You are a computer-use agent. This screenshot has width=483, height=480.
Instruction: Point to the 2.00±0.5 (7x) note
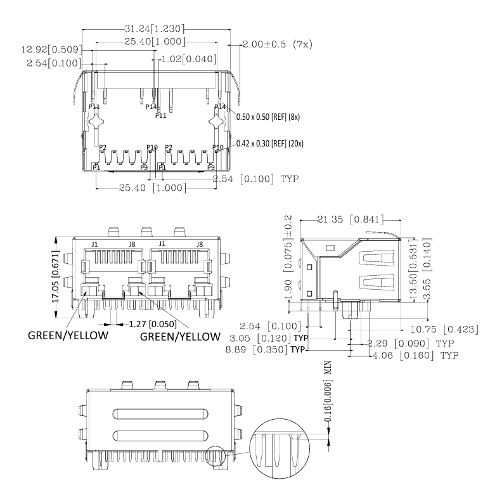pyautogui.click(x=277, y=45)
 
